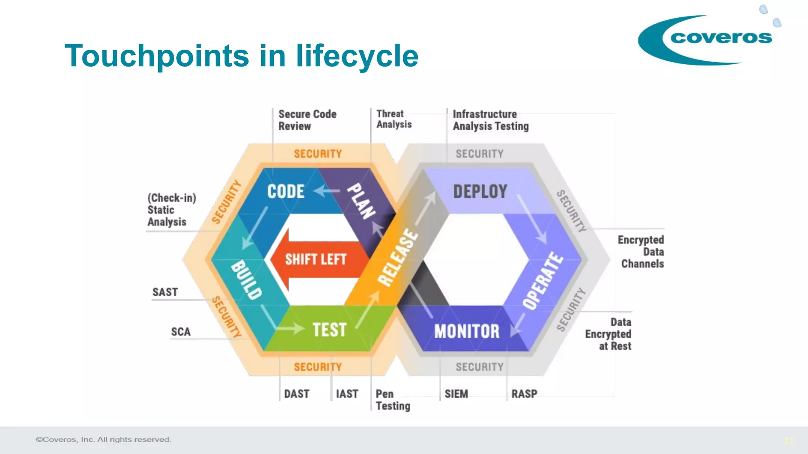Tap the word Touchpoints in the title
click(157, 56)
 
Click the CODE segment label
click(286, 192)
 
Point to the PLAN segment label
click(361, 201)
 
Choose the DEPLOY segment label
click(480, 192)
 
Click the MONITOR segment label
click(467, 331)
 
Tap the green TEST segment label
click(329, 330)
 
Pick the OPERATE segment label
click(543, 281)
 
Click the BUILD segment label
click(246, 280)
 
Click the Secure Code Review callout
click(307, 120)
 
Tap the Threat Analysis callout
click(394, 119)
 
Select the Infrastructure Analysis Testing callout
click(490, 120)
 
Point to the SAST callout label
click(165, 292)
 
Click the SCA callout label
click(181, 332)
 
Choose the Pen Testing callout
click(393, 400)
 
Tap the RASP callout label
click(524, 394)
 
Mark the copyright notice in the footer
click(103, 439)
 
